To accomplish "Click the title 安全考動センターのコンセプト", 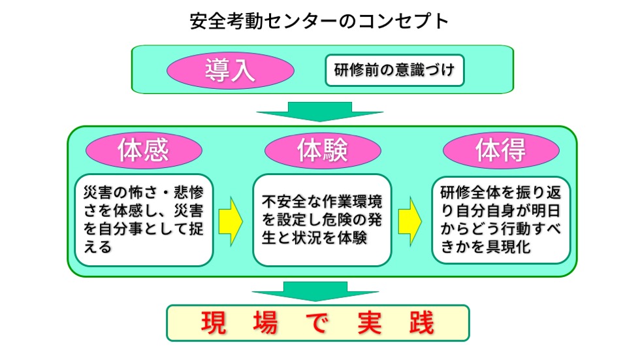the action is [319, 21].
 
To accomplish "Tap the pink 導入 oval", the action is [230, 70].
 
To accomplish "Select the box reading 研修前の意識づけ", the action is [394, 70].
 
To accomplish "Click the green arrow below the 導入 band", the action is [319, 112].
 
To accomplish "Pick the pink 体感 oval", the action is [144, 150].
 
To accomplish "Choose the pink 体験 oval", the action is [323, 150].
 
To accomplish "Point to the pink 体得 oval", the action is [501, 150].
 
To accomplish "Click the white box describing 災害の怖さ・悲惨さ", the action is [144, 220].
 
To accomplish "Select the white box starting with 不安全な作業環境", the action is [322, 220].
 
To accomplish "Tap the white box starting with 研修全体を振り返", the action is [501, 220].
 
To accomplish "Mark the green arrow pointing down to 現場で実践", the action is [315, 291].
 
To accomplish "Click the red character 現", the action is [214, 323].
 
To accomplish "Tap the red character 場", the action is [265, 323].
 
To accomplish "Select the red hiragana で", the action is [317, 323].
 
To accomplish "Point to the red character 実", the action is [370, 323].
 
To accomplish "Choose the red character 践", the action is [422, 323].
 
